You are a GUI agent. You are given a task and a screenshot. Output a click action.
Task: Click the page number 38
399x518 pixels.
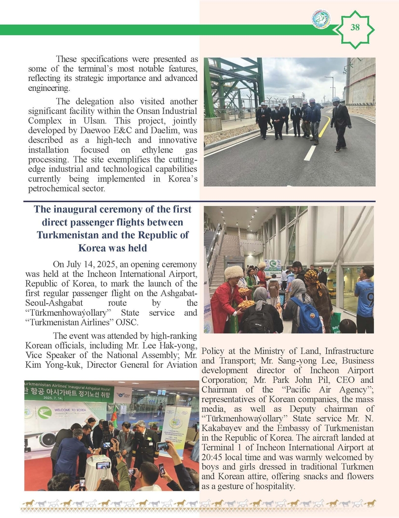click(355, 28)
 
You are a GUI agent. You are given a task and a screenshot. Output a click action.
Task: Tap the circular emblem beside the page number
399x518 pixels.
click(321, 20)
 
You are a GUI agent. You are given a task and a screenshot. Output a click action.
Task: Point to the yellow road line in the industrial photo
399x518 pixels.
click(323, 129)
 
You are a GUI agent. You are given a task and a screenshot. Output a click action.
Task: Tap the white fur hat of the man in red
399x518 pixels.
click(233, 273)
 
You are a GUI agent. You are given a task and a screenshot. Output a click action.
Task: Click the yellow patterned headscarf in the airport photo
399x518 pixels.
click(312, 276)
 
